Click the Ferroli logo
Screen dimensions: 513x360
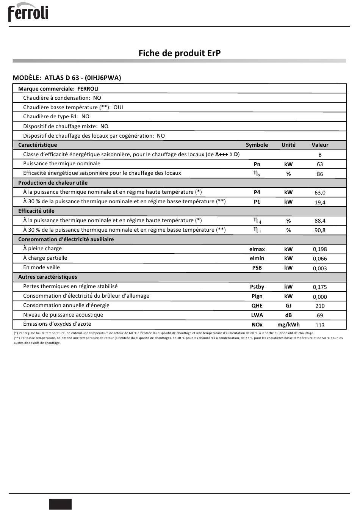click(28, 12)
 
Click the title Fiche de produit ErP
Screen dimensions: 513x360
click(179, 53)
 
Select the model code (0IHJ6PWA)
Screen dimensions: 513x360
click(103, 78)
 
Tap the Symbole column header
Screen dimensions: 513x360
click(257, 145)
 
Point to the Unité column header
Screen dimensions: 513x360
click(288, 145)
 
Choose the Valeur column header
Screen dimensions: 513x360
click(320, 145)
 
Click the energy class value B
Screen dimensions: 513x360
click(320, 155)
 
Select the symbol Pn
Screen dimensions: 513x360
click(257, 164)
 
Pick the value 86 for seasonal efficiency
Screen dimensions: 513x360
click(320, 174)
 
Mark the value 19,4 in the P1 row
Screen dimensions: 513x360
click(320, 202)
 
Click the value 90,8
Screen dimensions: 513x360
click(320, 230)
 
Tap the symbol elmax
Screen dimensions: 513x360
click(257, 249)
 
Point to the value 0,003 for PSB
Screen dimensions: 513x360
click(320, 268)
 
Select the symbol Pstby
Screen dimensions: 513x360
click(257, 287)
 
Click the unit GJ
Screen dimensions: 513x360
click(288, 306)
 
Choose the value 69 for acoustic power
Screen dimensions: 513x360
click(320, 315)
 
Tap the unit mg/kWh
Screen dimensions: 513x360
click(288, 325)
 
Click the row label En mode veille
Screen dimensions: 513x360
click(41, 267)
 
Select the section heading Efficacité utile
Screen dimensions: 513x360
click(36, 211)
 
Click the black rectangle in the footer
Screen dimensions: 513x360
click(60, 504)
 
